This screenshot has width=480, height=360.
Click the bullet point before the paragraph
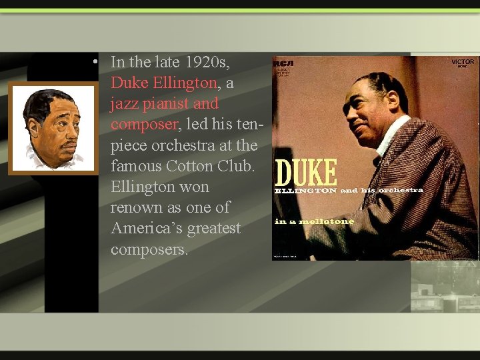pos(97,62)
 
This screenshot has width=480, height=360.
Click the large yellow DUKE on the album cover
pos(307,173)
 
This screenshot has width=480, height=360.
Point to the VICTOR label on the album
pos(463,62)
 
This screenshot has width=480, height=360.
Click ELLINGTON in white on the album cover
pos(306,191)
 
